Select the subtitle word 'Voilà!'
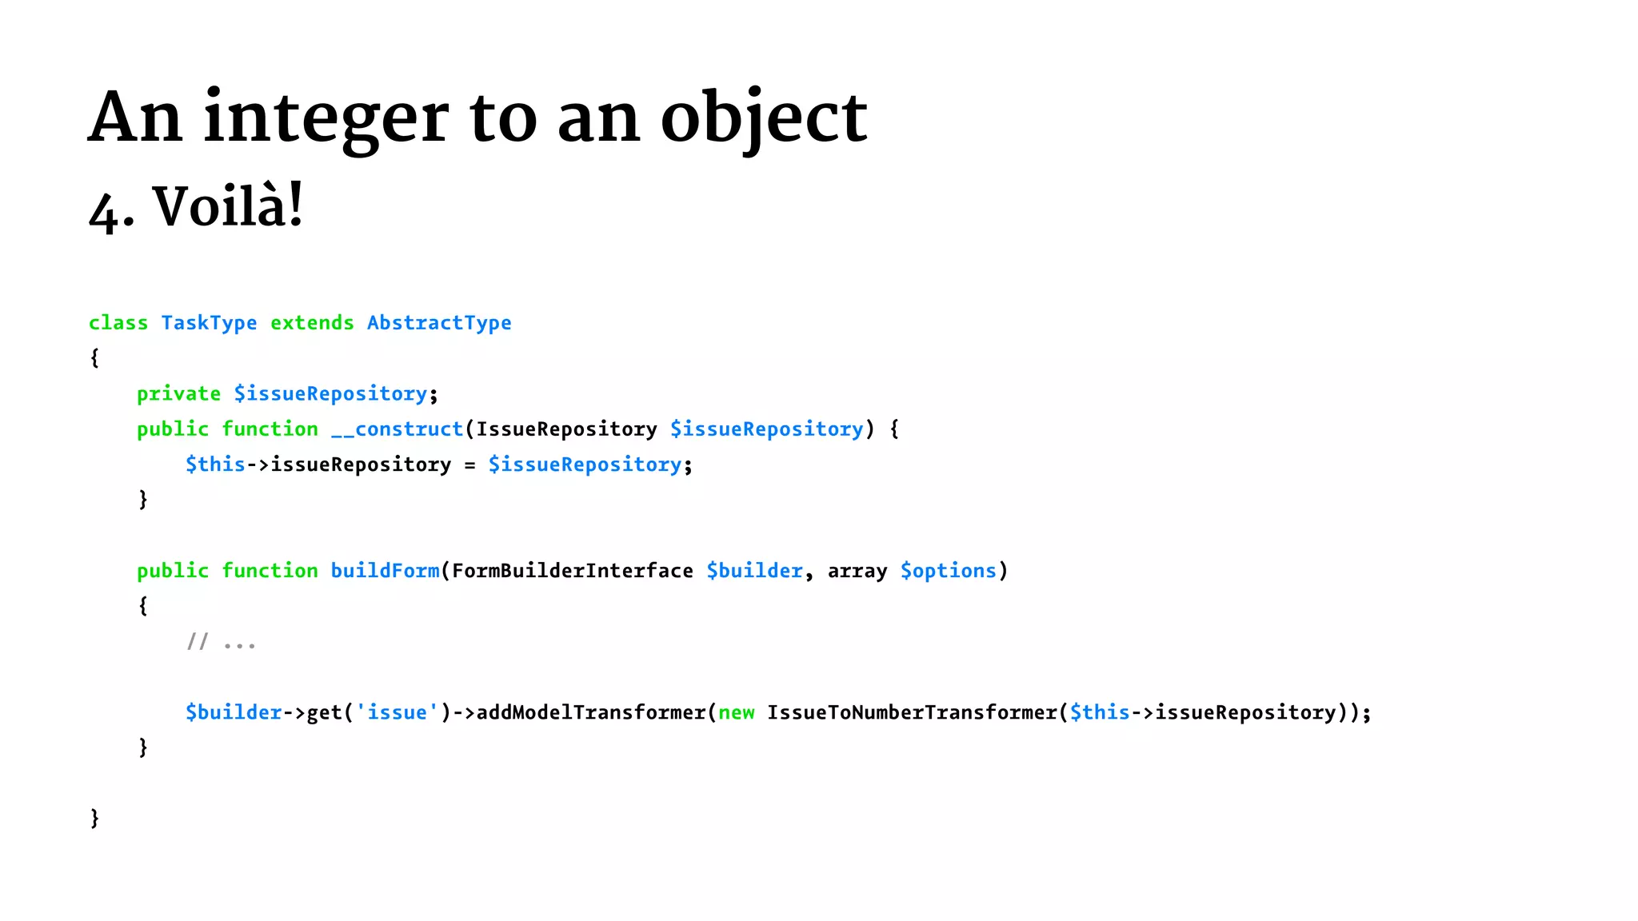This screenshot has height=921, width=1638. [228, 206]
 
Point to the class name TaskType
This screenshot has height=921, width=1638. [209, 323]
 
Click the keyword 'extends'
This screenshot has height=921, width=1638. [312, 323]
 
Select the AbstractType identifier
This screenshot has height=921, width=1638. [439, 323]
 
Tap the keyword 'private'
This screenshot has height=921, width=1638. [178, 394]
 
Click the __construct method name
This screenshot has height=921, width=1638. [397, 429]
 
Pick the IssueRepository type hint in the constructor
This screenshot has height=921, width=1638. [566, 429]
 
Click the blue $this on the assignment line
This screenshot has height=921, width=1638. [215, 464]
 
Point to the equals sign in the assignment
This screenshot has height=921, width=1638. [469, 465]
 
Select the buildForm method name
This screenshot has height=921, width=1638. [385, 571]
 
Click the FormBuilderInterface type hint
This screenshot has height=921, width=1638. [572, 571]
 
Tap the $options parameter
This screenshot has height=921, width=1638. [949, 571]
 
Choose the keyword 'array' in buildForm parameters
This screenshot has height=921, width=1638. [857, 572]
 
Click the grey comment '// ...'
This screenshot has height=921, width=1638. [221, 642]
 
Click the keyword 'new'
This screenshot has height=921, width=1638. [736, 712]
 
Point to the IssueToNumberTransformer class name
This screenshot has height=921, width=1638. [912, 712]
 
